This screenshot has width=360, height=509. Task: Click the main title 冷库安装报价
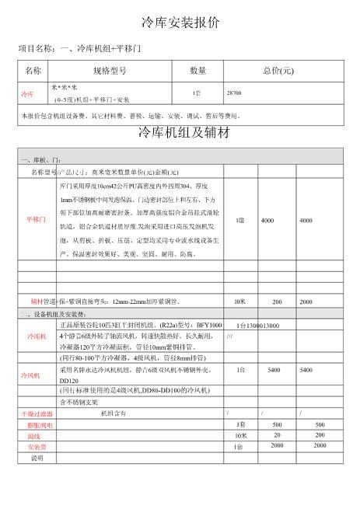180,21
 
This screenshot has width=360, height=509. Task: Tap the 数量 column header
197,71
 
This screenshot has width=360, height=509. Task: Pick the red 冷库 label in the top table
27,93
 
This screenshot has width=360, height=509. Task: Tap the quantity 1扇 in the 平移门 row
240,220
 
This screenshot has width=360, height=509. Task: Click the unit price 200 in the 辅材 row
277,301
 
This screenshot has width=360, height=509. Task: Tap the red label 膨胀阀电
40,425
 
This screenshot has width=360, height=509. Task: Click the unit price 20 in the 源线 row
277,436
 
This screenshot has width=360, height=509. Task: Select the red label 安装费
37,447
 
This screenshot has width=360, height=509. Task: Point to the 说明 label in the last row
37,458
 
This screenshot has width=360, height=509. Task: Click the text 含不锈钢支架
79,402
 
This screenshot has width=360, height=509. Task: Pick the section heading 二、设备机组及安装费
58,313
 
